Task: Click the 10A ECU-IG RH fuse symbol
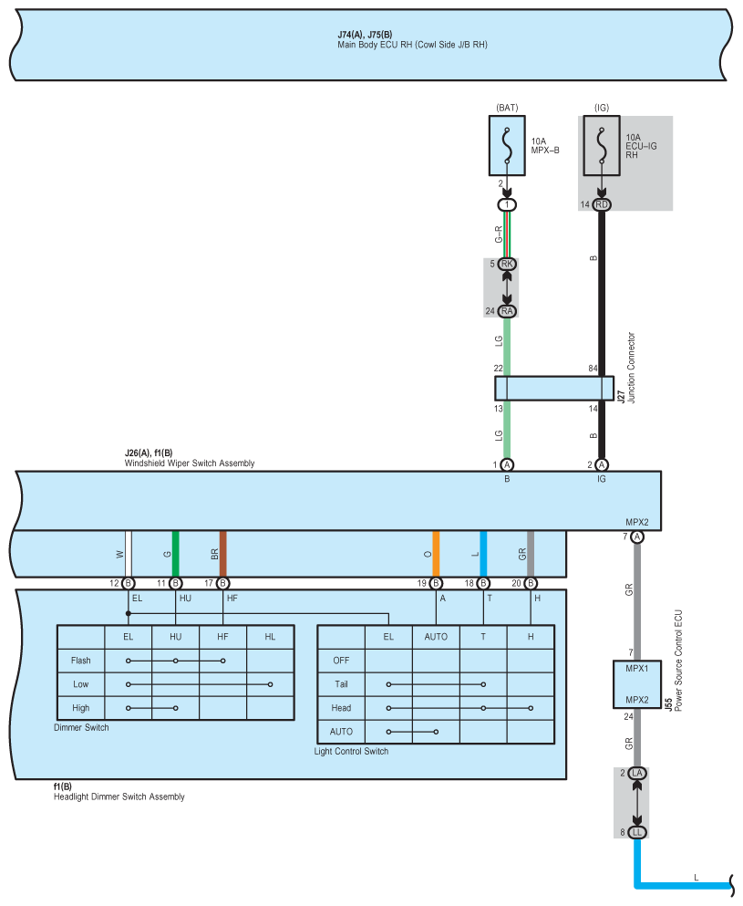(x=602, y=146)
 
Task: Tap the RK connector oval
(x=508, y=264)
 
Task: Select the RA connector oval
(x=508, y=311)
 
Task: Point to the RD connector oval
(x=602, y=205)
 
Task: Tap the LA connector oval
(x=637, y=774)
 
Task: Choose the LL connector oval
(x=637, y=832)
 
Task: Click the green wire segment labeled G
(x=176, y=554)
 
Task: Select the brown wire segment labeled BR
(x=223, y=554)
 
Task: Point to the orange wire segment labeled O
(x=436, y=554)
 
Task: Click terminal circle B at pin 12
(x=129, y=583)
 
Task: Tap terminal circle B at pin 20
(x=531, y=583)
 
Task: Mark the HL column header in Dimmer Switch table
(x=270, y=636)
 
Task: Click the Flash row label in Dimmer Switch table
(x=80, y=660)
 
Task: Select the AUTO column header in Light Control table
(x=436, y=636)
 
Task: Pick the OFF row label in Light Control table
(x=340, y=660)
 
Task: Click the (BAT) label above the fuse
(x=507, y=108)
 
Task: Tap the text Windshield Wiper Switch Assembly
(x=190, y=463)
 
